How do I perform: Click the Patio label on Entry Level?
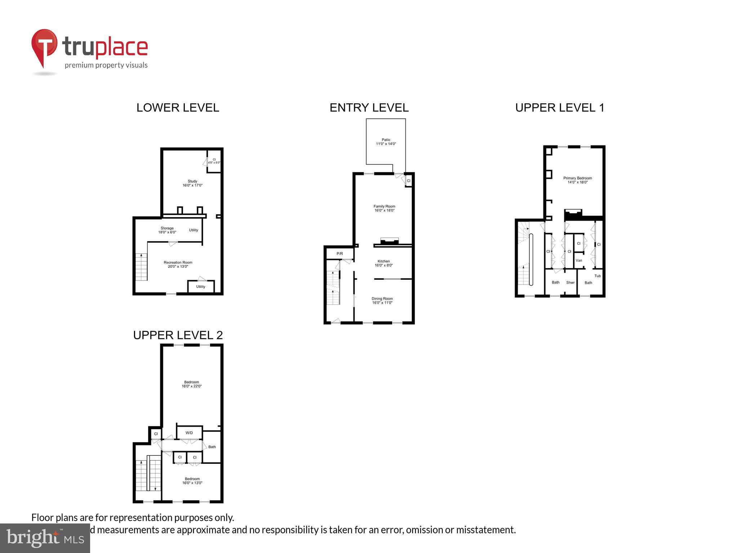coord(386,142)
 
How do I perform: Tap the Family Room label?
coord(384,208)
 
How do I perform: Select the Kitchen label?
coord(383,263)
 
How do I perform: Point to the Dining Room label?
coord(382,301)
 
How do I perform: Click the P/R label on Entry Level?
coord(339,254)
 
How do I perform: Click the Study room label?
coord(192,183)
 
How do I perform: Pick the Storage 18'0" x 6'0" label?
coord(167,230)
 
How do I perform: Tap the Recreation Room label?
coord(178,264)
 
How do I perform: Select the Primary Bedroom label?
coord(577,180)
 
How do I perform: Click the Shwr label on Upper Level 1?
coord(570,283)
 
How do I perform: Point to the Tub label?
coord(597,276)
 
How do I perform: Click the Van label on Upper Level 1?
coord(579,260)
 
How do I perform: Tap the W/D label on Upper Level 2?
coord(189,433)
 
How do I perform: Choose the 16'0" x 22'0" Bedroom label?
coord(192,384)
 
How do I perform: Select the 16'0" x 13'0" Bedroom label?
coord(192,481)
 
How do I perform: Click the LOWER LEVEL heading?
coord(178,108)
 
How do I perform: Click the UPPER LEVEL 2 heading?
coord(178,335)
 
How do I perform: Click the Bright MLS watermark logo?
coord(45,538)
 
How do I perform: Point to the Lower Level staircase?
coord(141,267)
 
